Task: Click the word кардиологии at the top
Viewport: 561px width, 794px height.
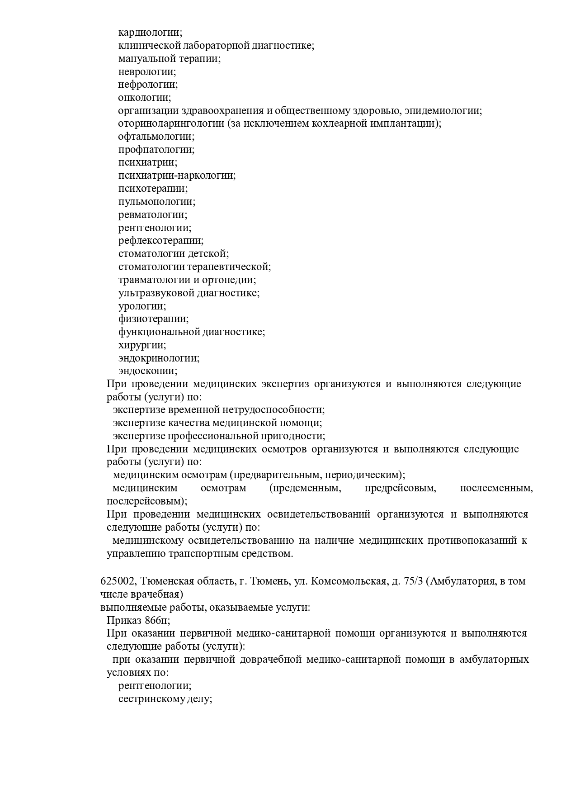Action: (x=150, y=33)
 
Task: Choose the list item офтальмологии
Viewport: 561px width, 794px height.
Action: (x=156, y=137)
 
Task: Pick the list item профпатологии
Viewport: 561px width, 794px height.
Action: (x=156, y=150)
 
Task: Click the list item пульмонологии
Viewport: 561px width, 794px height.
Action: (x=157, y=202)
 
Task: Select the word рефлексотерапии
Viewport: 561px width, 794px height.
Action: (x=161, y=241)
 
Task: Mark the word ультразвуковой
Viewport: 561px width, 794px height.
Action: (x=156, y=293)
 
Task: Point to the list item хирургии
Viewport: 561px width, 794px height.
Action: (x=142, y=345)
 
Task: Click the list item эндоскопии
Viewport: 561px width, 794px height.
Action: (x=148, y=371)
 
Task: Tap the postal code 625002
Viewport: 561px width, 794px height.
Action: (x=116, y=581)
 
